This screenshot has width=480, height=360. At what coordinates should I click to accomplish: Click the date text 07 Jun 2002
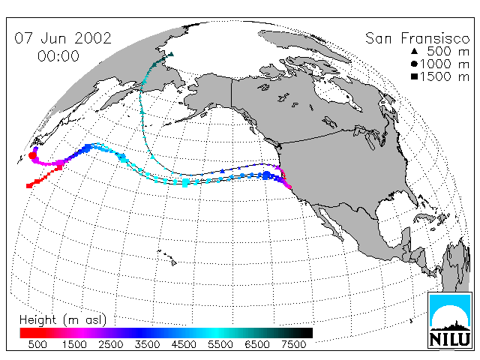pos(63,38)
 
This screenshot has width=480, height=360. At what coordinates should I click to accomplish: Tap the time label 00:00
pos(58,56)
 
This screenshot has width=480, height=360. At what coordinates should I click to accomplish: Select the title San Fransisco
pos(417,38)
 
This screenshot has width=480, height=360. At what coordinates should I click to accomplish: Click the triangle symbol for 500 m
pos(415,51)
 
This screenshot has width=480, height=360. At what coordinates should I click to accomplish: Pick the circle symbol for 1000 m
pos(414,64)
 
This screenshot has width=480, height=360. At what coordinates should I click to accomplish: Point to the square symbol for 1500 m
pos(415,76)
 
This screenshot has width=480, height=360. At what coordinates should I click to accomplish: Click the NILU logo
pos(450,320)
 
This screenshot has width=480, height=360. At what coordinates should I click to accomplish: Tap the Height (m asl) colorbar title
pos(63,320)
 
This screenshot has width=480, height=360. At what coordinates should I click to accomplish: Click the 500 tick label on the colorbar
pos(37,344)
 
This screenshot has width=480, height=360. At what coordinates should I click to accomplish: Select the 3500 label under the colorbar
pos(147,344)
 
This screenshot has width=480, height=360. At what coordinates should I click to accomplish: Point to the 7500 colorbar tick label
pos(293,344)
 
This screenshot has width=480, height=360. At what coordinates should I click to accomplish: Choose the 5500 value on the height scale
pos(220,344)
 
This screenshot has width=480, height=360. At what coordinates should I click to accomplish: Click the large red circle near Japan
pos(32,155)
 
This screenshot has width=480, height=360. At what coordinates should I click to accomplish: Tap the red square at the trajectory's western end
pos(29,186)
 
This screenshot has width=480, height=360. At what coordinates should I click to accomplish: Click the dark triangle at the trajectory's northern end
pos(172,54)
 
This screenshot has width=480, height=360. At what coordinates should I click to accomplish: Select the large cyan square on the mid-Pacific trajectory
pos(185,183)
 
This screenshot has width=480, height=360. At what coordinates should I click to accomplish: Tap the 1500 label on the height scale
pos(74,344)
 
